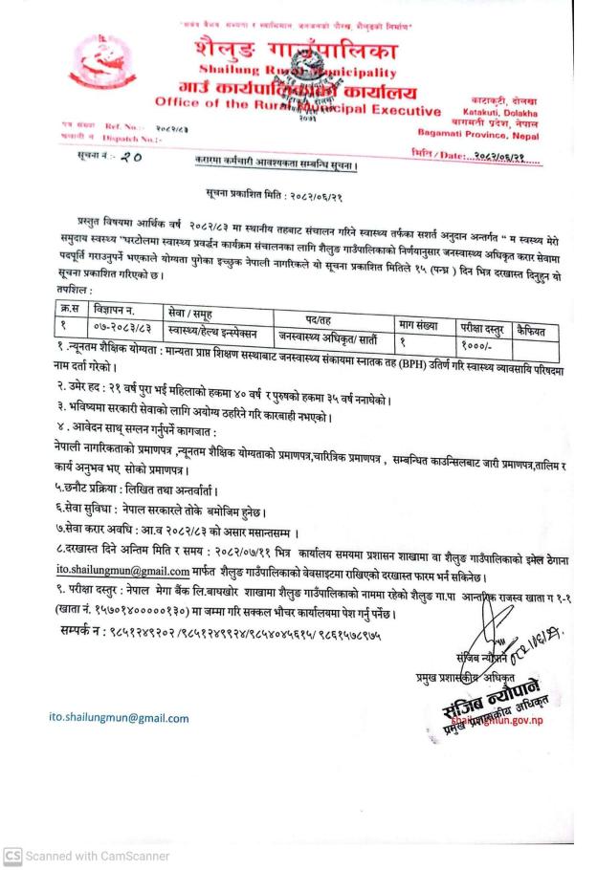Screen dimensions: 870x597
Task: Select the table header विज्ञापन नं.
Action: [113, 311]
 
